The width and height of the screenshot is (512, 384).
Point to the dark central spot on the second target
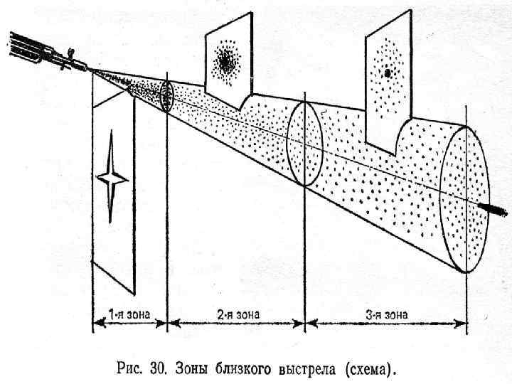[x=227, y=63]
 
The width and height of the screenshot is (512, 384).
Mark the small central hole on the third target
[x=388, y=72]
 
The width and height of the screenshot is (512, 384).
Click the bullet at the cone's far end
[x=491, y=208]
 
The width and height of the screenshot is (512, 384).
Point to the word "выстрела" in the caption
[x=311, y=369]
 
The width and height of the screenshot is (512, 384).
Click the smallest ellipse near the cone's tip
[x=167, y=97]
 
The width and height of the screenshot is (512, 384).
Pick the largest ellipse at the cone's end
[x=465, y=198]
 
